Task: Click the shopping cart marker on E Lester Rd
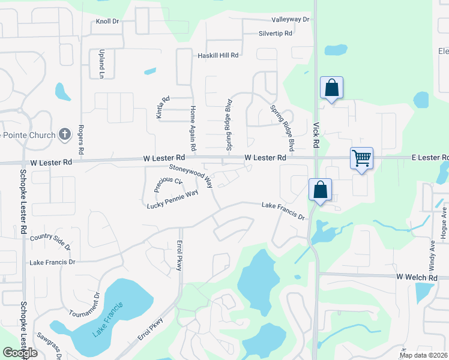pos(362,158)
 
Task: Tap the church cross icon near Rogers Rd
pos(65,134)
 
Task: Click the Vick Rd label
pos(316,136)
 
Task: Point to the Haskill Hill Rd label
pos(218,55)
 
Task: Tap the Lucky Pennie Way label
pos(172,200)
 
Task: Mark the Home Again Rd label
pos(193,128)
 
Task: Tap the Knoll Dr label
pos(108,22)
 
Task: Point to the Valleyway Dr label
pos(290,19)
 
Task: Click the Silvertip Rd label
pos(275,34)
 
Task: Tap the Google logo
pos(20,353)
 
